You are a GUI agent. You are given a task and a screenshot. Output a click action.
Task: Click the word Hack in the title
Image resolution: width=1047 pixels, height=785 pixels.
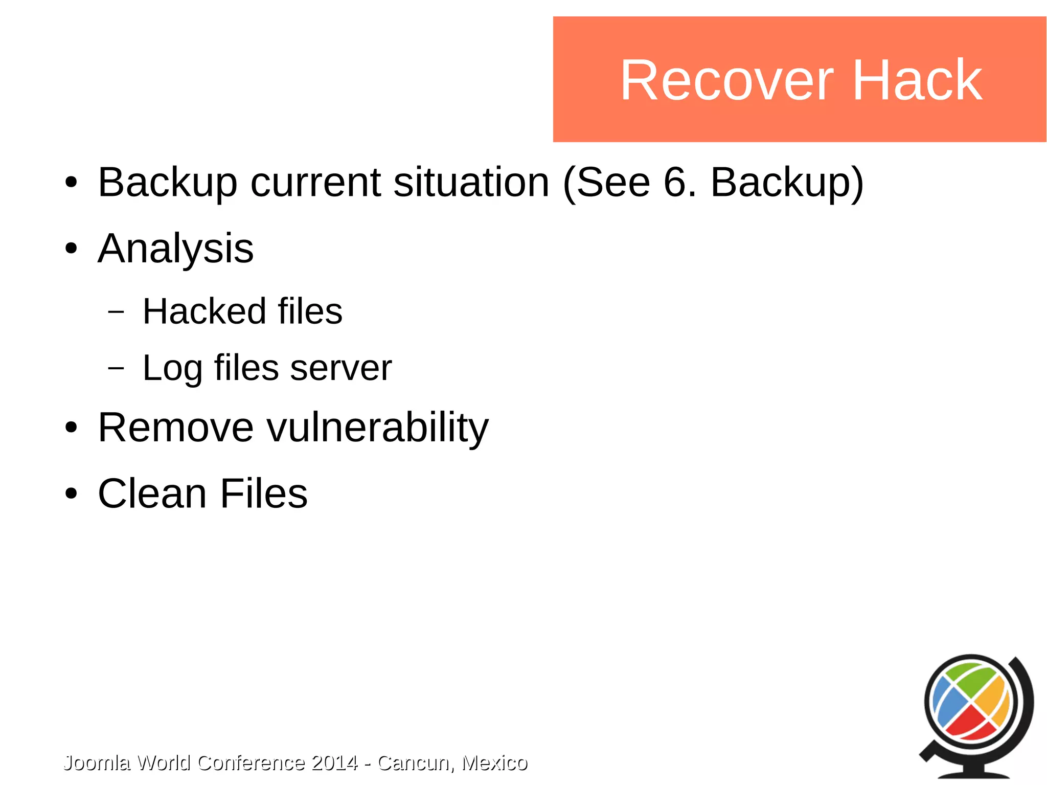917,81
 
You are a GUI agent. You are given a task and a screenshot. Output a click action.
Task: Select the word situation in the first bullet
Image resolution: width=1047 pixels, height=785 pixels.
471,183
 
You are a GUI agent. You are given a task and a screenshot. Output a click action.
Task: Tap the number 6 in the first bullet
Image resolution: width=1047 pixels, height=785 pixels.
675,183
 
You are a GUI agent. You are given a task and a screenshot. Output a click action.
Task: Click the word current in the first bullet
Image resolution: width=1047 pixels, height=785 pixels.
315,183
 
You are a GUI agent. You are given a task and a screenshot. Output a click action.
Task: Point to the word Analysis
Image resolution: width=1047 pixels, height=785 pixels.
175,249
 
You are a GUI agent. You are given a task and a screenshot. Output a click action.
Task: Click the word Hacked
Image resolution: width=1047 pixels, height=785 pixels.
203,311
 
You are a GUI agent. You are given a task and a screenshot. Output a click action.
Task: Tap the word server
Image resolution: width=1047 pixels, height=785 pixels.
340,368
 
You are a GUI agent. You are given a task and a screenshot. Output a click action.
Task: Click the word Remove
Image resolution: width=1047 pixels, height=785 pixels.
175,428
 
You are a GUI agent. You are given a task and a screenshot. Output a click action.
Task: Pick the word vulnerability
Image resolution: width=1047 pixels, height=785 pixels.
378,429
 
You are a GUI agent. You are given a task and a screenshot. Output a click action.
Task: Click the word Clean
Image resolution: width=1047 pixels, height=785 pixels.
152,494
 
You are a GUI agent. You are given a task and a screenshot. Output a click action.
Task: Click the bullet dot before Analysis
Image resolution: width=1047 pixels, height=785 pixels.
71,249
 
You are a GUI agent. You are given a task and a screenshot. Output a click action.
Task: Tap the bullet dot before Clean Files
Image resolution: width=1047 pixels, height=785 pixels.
71,494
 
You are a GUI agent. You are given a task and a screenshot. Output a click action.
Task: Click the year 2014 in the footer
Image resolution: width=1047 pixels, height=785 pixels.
334,763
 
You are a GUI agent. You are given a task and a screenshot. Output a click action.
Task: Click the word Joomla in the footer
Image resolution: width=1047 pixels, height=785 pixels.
96,763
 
